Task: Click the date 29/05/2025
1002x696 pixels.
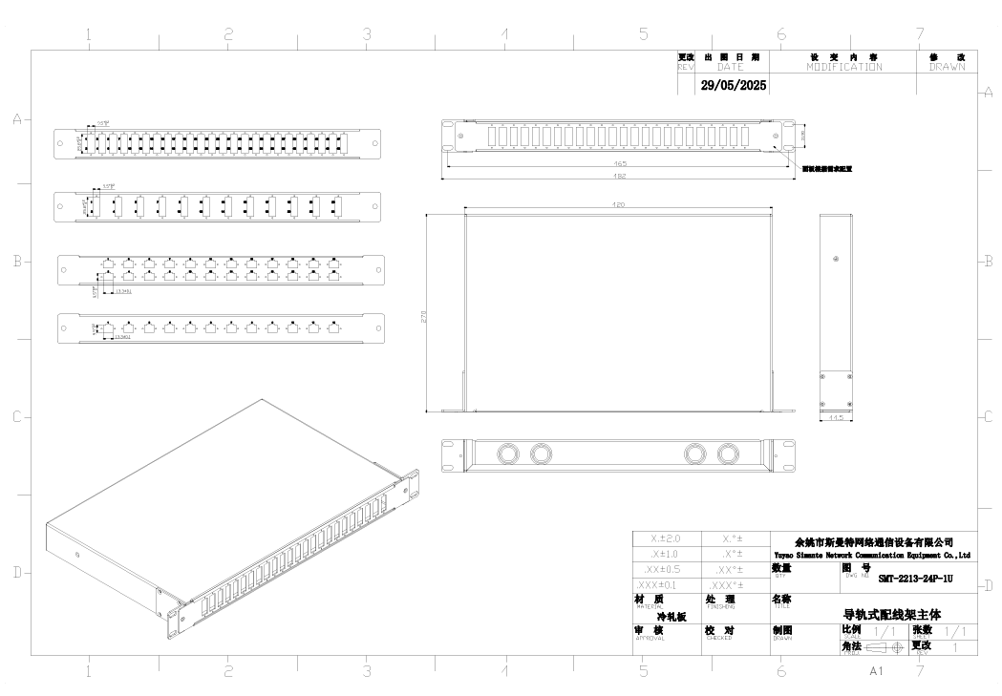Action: (x=734, y=85)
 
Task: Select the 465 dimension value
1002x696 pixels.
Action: (x=620, y=164)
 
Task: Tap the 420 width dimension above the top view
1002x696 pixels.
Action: (x=619, y=205)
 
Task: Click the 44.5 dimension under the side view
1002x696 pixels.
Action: (x=835, y=417)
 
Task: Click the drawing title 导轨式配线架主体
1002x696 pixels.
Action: (x=897, y=616)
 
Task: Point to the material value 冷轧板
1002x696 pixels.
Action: (x=670, y=617)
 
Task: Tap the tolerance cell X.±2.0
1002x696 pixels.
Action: (x=665, y=538)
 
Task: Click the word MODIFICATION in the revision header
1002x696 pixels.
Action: (x=843, y=67)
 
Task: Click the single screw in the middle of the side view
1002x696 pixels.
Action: (x=837, y=258)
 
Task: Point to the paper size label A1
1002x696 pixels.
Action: (x=876, y=672)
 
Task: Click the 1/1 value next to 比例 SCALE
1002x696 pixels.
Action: (x=885, y=632)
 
